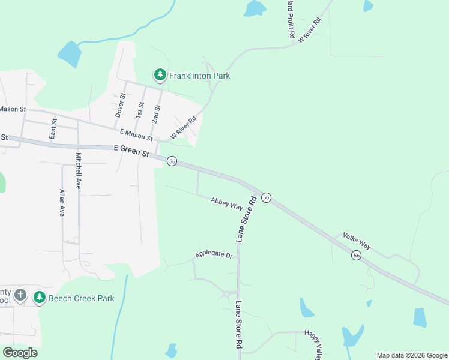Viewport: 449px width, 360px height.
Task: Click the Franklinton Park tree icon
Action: (x=160, y=75)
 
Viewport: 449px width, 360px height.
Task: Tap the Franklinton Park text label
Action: (x=199, y=76)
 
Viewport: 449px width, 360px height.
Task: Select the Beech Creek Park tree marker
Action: (x=39, y=297)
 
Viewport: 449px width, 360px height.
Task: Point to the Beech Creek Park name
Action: (x=81, y=298)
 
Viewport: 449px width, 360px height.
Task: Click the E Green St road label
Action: (x=131, y=150)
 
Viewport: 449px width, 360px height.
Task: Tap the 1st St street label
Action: (x=139, y=108)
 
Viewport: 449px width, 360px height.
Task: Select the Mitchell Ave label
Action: (x=78, y=171)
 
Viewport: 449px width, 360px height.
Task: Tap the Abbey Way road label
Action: (x=226, y=204)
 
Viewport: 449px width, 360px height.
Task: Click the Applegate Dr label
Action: (x=213, y=255)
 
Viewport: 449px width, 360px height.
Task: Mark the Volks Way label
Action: (x=357, y=241)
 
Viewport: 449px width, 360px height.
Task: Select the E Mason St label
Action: (x=136, y=135)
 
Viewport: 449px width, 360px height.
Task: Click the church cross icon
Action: (x=20, y=295)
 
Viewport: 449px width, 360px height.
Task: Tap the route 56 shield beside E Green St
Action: (x=172, y=161)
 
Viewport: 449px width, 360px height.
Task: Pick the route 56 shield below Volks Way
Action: (x=357, y=256)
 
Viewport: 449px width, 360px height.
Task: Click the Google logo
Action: (x=20, y=352)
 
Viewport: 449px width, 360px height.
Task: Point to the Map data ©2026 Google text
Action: (x=411, y=355)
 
